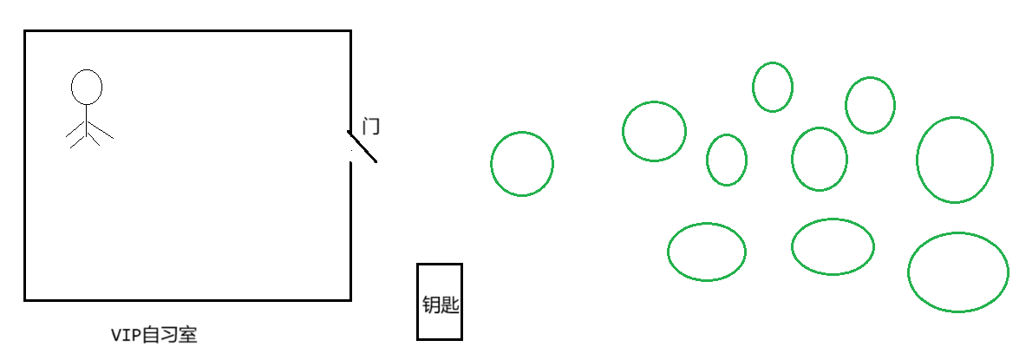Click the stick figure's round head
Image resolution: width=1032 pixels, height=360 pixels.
point(87,87)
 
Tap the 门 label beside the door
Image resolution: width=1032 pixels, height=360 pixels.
point(371,127)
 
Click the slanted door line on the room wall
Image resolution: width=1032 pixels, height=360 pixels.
point(363,147)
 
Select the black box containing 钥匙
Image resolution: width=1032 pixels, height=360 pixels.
point(440,301)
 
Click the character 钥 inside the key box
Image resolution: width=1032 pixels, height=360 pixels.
point(430,304)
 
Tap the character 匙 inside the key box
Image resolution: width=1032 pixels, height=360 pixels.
point(449,304)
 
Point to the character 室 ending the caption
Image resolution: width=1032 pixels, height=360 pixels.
point(187,335)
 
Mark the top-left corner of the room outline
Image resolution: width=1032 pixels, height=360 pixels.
point(25,31)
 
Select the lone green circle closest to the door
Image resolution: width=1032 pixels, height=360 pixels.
point(522,163)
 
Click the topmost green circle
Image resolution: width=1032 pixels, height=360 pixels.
point(772,87)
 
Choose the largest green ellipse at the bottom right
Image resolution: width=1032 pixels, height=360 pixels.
point(958,272)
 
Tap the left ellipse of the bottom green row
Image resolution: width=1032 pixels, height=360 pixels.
point(707,252)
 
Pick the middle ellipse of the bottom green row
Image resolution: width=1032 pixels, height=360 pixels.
point(833,246)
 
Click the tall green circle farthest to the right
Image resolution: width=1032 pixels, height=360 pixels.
point(955,160)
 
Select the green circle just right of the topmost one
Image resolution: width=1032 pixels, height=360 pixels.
point(870,105)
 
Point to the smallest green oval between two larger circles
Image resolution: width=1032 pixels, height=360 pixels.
point(727,160)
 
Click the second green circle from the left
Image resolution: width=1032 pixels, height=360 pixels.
point(654,131)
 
